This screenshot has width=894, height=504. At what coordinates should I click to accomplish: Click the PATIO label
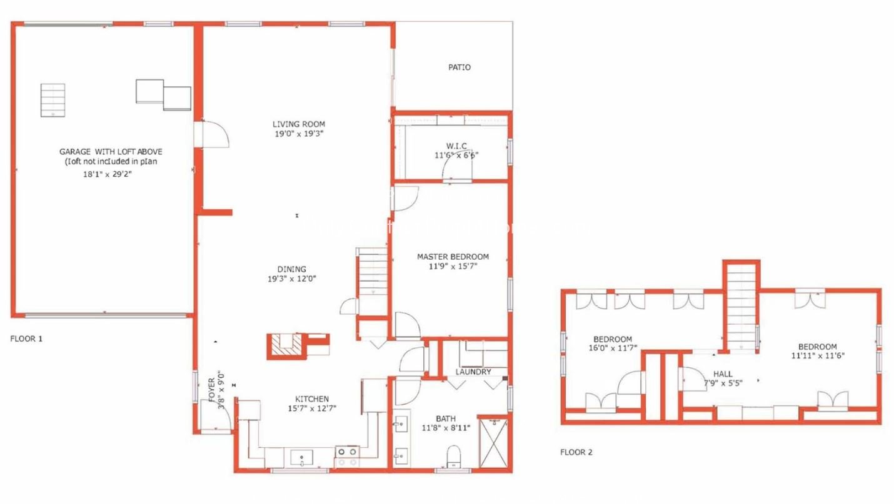tap(459, 67)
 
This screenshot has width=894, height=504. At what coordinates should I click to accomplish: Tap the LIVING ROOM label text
tap(298, 124)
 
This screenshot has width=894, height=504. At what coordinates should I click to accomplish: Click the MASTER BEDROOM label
tap(453, 257)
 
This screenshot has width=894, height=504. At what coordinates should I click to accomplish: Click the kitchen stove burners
tap(347, 457)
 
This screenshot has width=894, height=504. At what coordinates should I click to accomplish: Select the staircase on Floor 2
tap(741, 309)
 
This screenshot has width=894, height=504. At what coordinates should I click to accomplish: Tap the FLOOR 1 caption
tap(26, 339)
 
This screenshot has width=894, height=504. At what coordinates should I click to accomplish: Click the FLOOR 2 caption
tap(576, 452)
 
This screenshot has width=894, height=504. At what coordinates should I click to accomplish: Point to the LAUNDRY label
tap(473, 372)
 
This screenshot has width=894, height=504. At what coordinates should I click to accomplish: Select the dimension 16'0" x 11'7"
tap(612, 348)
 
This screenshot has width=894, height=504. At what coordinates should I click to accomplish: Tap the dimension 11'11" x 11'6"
tap(816, 355)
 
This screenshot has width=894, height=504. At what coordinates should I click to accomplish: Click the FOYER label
tap(212, 392)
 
